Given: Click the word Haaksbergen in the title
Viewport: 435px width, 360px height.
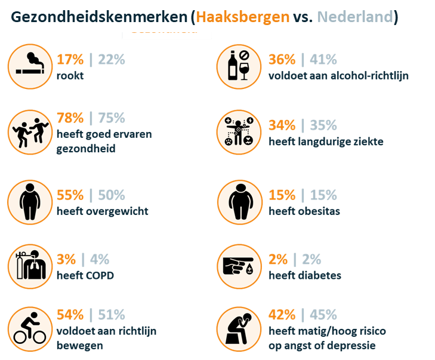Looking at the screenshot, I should (x=242, y=18).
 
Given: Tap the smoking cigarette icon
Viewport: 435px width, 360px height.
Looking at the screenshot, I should (x=29, y=64).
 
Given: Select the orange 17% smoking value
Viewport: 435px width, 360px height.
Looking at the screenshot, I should (x=70, y=60).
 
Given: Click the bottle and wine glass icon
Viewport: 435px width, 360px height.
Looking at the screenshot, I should (x=238, y=64).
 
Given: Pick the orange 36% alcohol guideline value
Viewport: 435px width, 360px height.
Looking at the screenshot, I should (x=282, y=60).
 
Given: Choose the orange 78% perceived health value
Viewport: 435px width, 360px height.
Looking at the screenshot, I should (x=70, y=118).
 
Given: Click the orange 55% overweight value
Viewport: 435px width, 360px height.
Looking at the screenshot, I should (x=70, y=195).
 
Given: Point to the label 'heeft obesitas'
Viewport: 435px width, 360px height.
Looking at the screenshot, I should (x=304, y=211).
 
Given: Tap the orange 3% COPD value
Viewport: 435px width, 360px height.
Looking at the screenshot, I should (x=66, y=259).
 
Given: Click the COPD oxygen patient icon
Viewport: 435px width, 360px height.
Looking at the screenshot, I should (x=29, y=264).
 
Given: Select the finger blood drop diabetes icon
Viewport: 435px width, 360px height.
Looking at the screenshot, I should (x=238, y=264).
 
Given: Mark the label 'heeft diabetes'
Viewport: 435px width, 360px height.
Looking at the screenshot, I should (x=305, y=275).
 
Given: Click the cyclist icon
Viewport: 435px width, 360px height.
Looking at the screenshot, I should (x=29, y=328).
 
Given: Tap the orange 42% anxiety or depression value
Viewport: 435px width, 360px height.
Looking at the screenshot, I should (x=282, y=315).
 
